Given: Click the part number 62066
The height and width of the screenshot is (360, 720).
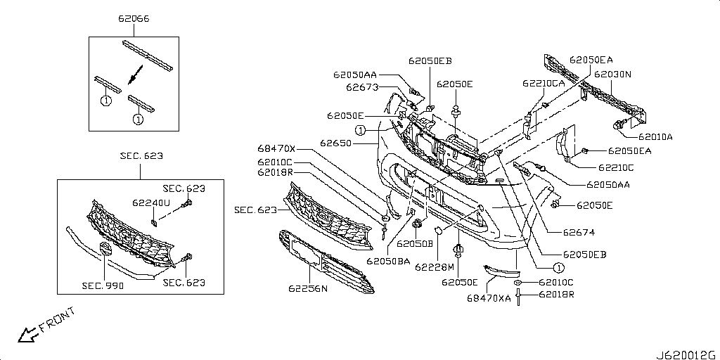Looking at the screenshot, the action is pos(134,19).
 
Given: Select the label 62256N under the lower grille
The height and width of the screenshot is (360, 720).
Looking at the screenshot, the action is pos(308,289).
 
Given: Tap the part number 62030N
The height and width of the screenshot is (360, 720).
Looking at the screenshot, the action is pos(612,73).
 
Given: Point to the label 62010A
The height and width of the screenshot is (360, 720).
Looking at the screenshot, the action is pos(655,136).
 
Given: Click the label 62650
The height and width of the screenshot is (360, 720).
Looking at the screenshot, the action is pos(335,143).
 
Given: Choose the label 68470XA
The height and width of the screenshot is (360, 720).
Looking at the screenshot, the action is pos(489,298).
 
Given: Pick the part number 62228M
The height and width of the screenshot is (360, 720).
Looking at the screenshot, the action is pos(435,266).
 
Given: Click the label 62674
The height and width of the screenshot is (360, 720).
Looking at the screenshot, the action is pos(579,233).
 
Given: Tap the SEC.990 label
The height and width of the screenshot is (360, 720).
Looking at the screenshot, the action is pos(103,285).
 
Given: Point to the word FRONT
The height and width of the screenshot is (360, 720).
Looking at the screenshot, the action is pos(58,320).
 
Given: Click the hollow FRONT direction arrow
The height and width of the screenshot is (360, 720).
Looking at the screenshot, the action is pos(28,334).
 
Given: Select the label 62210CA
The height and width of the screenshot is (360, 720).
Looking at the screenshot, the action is pos(544,83).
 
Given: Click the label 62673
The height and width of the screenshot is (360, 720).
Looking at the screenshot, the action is pos(362,86).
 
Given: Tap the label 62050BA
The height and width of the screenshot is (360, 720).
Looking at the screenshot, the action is pos(388,261).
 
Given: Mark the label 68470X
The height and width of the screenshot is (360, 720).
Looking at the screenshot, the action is pos(276,148).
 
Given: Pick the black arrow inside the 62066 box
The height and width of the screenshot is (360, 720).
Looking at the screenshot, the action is pos(136,75).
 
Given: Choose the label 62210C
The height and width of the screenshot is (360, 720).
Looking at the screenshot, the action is pos(616,167).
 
